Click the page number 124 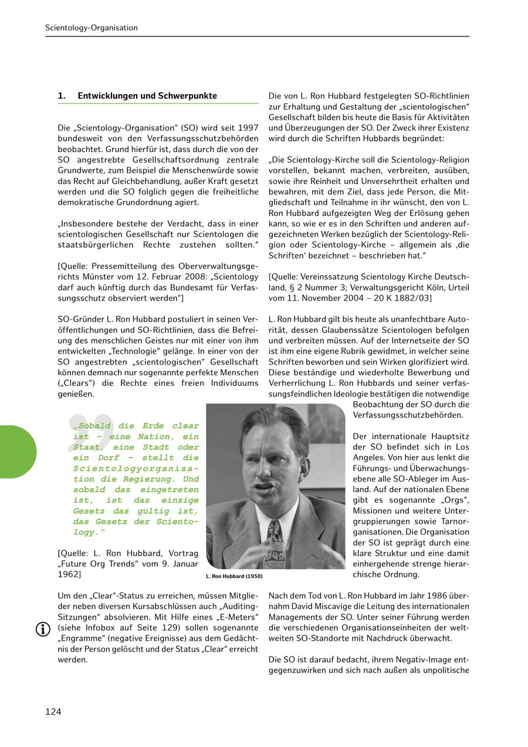[53, 712]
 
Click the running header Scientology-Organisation [92, 28]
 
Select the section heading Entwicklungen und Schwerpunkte [147, 96]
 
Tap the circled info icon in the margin [43, 629]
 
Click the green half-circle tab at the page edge [18, 452]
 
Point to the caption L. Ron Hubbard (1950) [234, 577]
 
